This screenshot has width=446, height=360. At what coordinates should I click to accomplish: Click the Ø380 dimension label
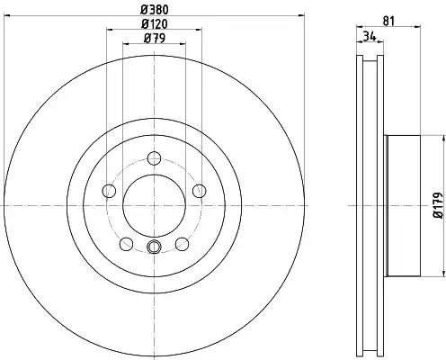[155, 10]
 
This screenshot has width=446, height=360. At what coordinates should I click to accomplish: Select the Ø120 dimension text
[155, 24]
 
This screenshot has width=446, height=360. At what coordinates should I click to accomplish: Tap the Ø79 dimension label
[155, 38]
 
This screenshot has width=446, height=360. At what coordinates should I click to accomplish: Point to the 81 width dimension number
[388, 21]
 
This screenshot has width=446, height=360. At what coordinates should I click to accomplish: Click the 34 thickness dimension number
[370, 36]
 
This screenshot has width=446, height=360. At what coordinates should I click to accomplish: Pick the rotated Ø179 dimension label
[438, 205]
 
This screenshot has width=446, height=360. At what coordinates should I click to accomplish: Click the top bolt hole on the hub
[155, 158]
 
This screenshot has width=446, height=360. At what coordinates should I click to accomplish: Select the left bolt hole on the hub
[109, 191]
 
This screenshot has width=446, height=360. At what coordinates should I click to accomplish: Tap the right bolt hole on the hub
[200, 191]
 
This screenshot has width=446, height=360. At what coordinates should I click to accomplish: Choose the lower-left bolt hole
[126, 244]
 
